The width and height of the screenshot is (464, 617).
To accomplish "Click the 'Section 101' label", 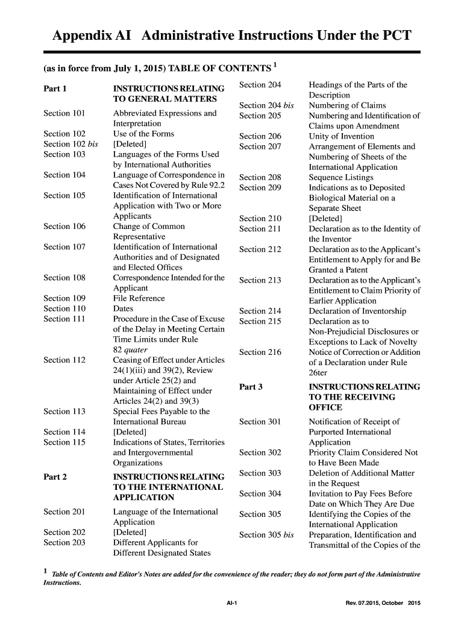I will (64, 113).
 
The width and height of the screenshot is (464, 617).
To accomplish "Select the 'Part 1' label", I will (55, 88).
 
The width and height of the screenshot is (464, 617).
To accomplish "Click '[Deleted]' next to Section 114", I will (130, 432).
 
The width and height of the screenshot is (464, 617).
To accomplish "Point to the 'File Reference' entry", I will (139, 298).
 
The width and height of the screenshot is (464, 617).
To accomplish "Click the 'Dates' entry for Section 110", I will (124, 308).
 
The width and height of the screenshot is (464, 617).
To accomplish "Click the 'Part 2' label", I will (55, 477).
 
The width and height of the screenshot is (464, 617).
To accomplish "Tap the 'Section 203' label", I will (64, 542).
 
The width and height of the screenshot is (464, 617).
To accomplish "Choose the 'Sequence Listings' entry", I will (341, 177).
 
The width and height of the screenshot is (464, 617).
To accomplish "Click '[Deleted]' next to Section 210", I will (325, 218).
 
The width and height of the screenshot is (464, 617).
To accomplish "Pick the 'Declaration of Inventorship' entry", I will (357, 311).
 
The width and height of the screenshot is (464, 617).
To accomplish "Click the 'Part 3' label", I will (251, 387).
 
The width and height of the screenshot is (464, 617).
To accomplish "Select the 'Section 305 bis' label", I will (266, 534).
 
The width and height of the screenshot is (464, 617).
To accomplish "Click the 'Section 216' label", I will (260, 352).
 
